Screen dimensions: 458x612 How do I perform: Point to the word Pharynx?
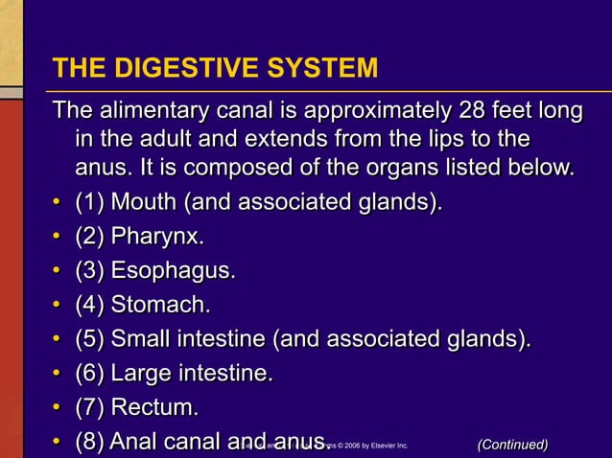pyautogui.click(x=157, y=237)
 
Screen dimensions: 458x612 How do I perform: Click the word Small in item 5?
pyautogui.click(x=141, y=339)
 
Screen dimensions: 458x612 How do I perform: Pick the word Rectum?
pyautogui.click(x=155, y=407)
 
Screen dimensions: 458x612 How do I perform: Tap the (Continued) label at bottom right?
pyautogui.click(x=512, y=444)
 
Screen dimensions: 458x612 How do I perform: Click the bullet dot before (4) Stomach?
pyautogui.click(x=58, y=307)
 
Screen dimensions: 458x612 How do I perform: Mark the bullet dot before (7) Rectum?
pyautogui.click(x=58, y=409)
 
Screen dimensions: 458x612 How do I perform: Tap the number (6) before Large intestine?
pyautogui.click(x=91, y=373)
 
